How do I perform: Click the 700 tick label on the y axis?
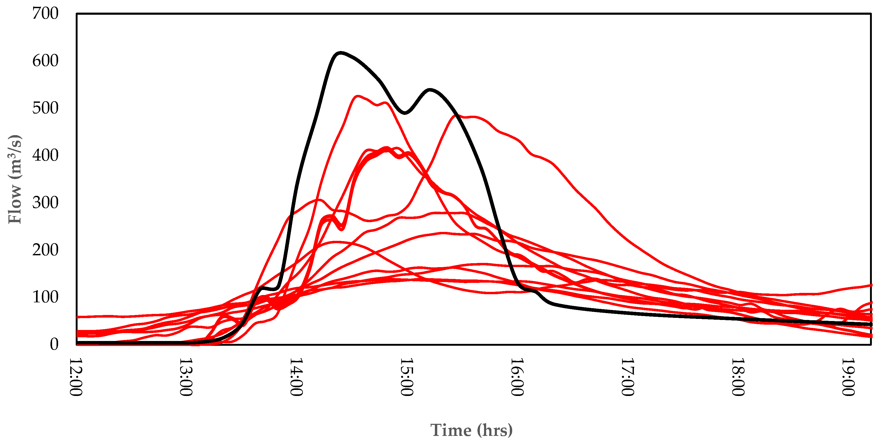pos(45,14)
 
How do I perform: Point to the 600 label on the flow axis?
pos(45,61)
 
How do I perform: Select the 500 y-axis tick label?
pos(45,108)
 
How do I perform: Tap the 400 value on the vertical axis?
pos(45,155)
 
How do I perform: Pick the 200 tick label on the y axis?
pos(45,250)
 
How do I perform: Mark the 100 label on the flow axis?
pos(45,297)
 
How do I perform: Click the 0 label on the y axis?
pos(54,344)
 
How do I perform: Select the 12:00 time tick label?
pos(76,377)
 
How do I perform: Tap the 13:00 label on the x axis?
pos(186,377)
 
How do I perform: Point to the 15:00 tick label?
pos(407,377)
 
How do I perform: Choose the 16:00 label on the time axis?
pos(517,377)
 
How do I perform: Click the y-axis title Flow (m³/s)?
pos(15,179)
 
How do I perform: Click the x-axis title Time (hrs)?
pos(471,430)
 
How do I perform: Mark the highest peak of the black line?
pos(340,53)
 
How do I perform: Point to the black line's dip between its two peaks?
pos(405,113)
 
